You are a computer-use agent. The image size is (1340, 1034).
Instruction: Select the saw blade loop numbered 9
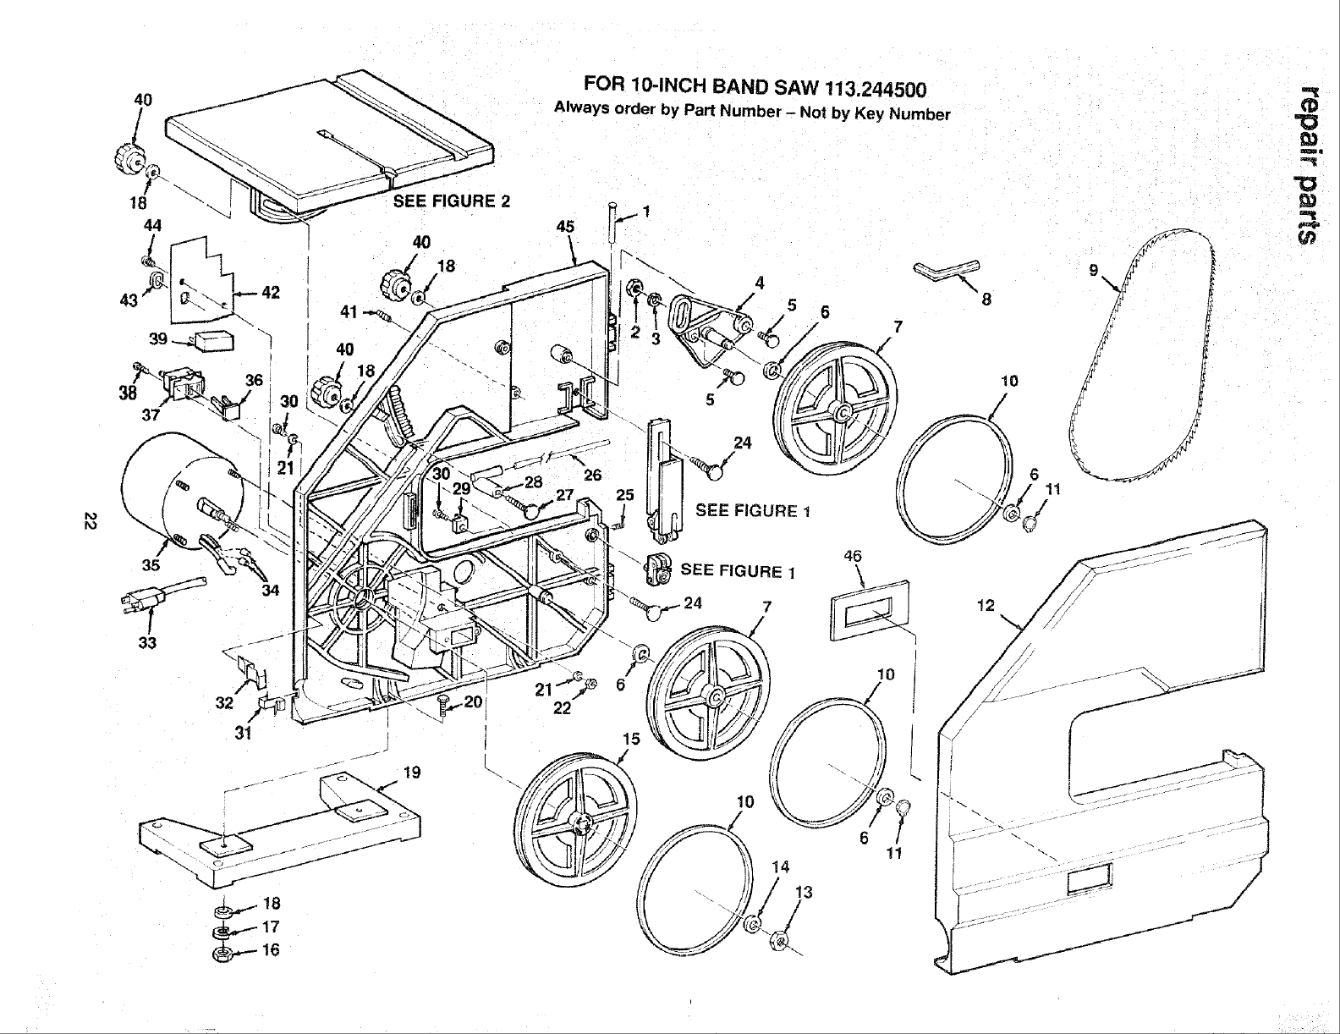tap(1142, 364)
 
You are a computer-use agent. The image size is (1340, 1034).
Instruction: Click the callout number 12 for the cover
tap(985, 606)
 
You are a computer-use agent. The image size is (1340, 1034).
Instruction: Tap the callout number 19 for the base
tap(412, 772)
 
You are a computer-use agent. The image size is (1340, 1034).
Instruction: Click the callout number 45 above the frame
tap(566, 226)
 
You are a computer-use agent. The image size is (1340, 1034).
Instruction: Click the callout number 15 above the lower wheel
tap(630, 739)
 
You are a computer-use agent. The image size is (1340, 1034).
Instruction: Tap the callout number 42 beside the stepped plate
tap(271, 293)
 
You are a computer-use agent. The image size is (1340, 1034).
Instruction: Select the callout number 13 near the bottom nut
tap(805, 892)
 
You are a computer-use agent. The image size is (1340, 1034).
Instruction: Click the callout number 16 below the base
tap(271, 949)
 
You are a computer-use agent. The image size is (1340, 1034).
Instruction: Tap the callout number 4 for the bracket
tap(761, 283)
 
